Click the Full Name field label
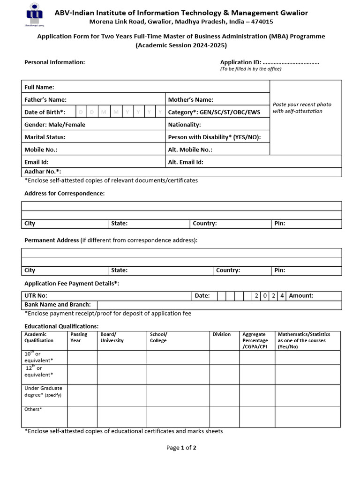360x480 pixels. pyautogui.click(x=39, y=87)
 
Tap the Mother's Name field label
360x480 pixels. pyautogui.click(x=190, y=99)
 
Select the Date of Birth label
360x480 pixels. pyautogui.click(x=45, y=112)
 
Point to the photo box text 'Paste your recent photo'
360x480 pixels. pyautogui.click(x=302, y=105)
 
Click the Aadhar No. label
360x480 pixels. pyautogui.click(x=43, y=172)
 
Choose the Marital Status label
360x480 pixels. pyautogui.click(x=45, y=137)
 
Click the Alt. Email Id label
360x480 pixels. pyautogui.click(x=186, y=162)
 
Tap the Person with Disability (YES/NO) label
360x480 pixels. pyautogui.click(x=214, y=137)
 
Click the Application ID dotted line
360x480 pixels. pyautogui.click(x=291, y=62)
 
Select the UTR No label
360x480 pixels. pyautogui.click(x=36, y=296)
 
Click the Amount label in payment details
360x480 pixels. pyautogui.click(x=301, y=296)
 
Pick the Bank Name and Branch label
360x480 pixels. pyautogui.click(x=58, y=305)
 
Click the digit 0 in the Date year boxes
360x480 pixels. pyautogui.click(x=265, y=296)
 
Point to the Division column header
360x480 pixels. pyautogui.click(x=221, y=334)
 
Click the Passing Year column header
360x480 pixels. pyautogui.click(x=78, y=337)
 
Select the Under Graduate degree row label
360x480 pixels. pyautogui.click(x=43, y=391)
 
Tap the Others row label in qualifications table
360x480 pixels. pyautogui.click(x=33, y=409)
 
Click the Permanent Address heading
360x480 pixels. pyautogui.click(x=52, y=240)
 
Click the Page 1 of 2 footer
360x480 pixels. pyautogui.click(x=181, y=448)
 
